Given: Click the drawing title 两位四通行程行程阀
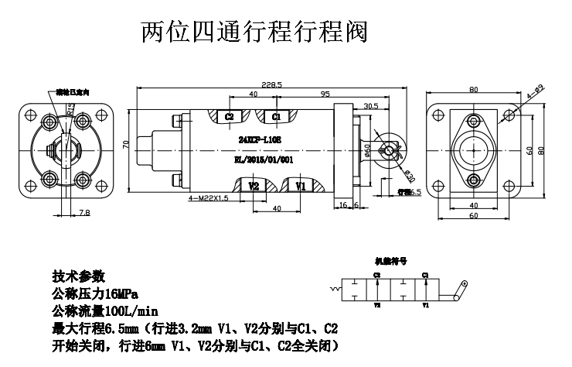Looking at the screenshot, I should click(253, 32).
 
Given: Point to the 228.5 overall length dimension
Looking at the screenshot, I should click(271, 84).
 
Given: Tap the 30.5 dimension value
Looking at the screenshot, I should click(371, 106).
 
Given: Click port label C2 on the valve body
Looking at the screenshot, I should click(230, 117).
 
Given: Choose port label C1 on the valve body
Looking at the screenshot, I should click(276, 117).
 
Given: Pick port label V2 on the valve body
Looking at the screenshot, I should click(254, 187).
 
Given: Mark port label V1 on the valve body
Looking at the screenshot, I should click(301, 187).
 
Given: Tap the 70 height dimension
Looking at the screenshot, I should click(126, 145).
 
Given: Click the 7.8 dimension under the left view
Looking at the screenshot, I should click(63, 211).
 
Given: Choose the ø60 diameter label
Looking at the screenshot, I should click(366, 147).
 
